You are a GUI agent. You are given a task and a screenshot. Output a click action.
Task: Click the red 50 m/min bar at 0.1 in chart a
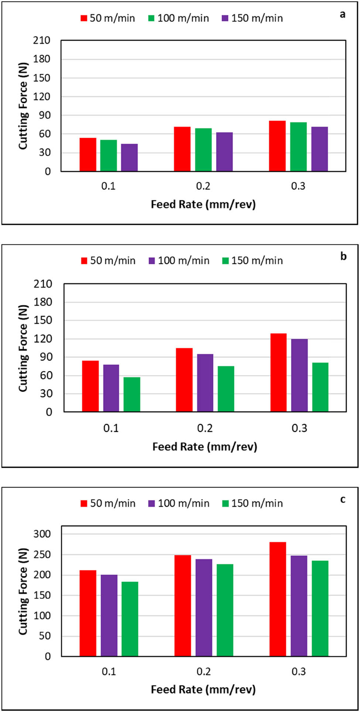coord(88,155)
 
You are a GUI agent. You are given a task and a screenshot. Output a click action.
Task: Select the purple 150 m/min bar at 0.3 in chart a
coord(319,149)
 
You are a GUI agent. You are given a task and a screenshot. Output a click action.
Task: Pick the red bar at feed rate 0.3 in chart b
coord(278,373)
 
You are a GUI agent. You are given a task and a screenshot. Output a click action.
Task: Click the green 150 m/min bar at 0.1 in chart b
coord(132,395)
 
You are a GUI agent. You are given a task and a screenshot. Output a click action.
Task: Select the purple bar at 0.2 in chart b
coord(205,383)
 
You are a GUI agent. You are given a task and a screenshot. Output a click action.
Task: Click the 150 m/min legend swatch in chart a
coord(226,18)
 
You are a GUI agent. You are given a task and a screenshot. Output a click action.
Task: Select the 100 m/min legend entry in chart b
coord(179,261)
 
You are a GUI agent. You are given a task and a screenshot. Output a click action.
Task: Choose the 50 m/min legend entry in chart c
coord(108,503)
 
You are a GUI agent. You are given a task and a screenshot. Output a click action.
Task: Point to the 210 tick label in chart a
coord(41,41)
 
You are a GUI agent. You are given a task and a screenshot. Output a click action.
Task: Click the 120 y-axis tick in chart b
coord(44,339)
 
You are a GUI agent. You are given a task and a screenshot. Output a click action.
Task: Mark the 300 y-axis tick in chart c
coord(42,534)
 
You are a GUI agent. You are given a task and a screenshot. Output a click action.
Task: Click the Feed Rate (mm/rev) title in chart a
coord(203,204)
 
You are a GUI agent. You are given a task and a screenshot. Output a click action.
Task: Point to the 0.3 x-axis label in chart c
coord(298,671)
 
